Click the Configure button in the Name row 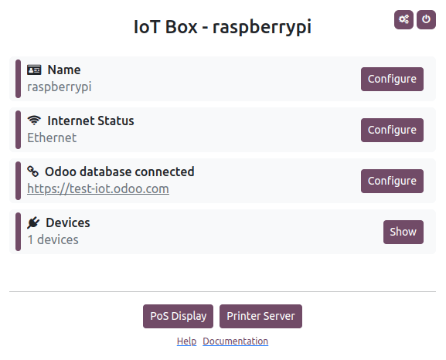click(x=392, y=79)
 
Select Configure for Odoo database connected click(x=392, y=181)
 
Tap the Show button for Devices click(x=403, y=232)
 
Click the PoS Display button click(x=178, y=316)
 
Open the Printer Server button click(x=260, y=316)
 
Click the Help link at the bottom click(x=186, y=341)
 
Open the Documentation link click(x=235, y=341)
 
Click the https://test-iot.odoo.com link click(x=98, y=188)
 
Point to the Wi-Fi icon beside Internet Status click(x=34, y=121)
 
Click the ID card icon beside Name click(x=34, y=70)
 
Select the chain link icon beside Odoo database click(x=33, y=172)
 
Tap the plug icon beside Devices click(x=33, y=223)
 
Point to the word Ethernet click(x=52, y=138)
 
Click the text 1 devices click(x=53, y=239)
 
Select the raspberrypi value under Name click(x=60, y=87)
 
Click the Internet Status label click(x=90, y=121)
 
